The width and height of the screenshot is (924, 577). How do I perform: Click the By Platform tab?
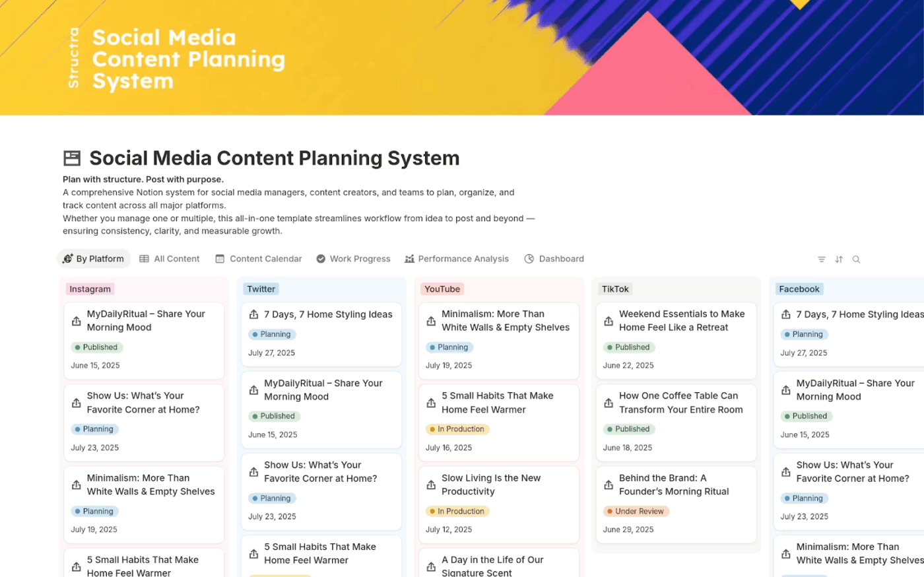coord(94,259)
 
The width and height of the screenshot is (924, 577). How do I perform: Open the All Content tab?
coord(170,259)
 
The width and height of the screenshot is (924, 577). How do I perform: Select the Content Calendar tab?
coord(259,259)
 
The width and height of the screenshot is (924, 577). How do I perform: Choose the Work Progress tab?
coord(353,259)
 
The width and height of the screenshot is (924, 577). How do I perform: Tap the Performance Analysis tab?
coord(457,259)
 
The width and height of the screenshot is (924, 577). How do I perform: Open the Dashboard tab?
coord(554,259)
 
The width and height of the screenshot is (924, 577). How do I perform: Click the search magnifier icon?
coord(856,259)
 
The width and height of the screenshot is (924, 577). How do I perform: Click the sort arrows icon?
coord(839,259)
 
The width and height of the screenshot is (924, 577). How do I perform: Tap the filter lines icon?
coord(822,259)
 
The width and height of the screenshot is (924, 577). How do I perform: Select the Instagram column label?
coord(90,289)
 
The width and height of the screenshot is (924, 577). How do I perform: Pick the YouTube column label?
coord(442,289)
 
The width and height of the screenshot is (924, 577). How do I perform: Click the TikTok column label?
coord(615,289)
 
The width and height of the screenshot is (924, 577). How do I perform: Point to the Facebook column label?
coord(799,289)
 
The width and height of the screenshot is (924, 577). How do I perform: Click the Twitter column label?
coord(261,289)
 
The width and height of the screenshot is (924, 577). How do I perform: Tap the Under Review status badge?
coord(636,511)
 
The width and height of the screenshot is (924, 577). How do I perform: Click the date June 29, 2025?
coord(628,529)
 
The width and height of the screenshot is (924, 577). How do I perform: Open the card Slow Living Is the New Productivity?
coord(491,485)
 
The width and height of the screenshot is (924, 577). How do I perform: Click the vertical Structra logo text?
coord(73,58)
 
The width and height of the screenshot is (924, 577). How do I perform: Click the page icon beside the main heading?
coord(72,158)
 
